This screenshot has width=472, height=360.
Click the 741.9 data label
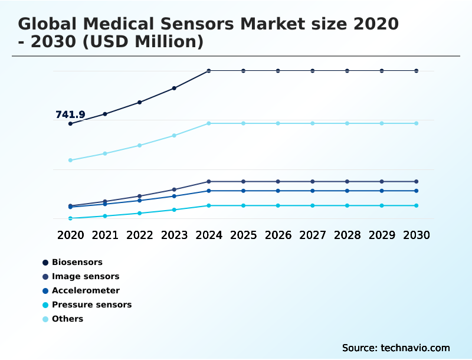coord(70,114)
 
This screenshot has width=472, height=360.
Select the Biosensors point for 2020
coord(70,123)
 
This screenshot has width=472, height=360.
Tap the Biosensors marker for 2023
coord(174,88)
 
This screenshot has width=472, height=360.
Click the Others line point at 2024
coord(209,123)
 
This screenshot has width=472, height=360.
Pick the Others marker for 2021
coord(105,153)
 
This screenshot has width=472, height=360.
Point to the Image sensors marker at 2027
coord(313,181)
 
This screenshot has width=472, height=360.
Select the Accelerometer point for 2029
coord(382,191)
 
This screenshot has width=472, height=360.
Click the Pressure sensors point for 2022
coord(139,213)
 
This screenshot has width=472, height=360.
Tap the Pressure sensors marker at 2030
coord(416,205)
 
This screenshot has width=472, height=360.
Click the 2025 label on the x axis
coord(243,235)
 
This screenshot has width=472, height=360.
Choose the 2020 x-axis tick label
coord(70,235)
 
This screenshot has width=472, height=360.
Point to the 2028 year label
coord(347,235)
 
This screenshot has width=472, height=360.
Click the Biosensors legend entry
coord(77,262)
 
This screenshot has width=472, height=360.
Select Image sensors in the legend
coord(85,276)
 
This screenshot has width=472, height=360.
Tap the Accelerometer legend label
coord(86,290)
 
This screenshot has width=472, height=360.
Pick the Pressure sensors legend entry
coord(91,305)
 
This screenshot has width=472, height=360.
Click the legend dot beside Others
coord(45,319)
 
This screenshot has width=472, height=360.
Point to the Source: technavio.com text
coord(396,348)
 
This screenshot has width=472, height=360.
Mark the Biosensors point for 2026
coord(278,71)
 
